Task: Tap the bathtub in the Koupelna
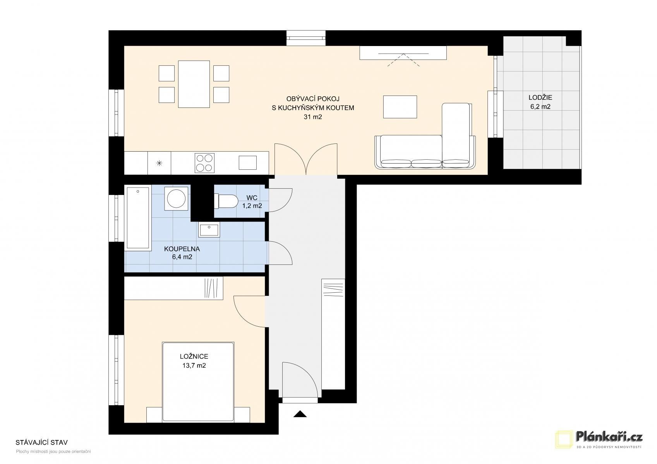138,218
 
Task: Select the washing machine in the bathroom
177,199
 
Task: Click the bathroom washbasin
209,229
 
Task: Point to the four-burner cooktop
204,163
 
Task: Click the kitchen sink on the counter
247,162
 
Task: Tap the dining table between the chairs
194,84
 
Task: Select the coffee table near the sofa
400,107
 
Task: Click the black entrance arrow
300,414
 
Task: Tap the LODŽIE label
540,97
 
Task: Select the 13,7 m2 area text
194,365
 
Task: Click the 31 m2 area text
312,117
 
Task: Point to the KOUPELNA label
182,249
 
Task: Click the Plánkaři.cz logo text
609,437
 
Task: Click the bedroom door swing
249,312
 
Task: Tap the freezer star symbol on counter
159,163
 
